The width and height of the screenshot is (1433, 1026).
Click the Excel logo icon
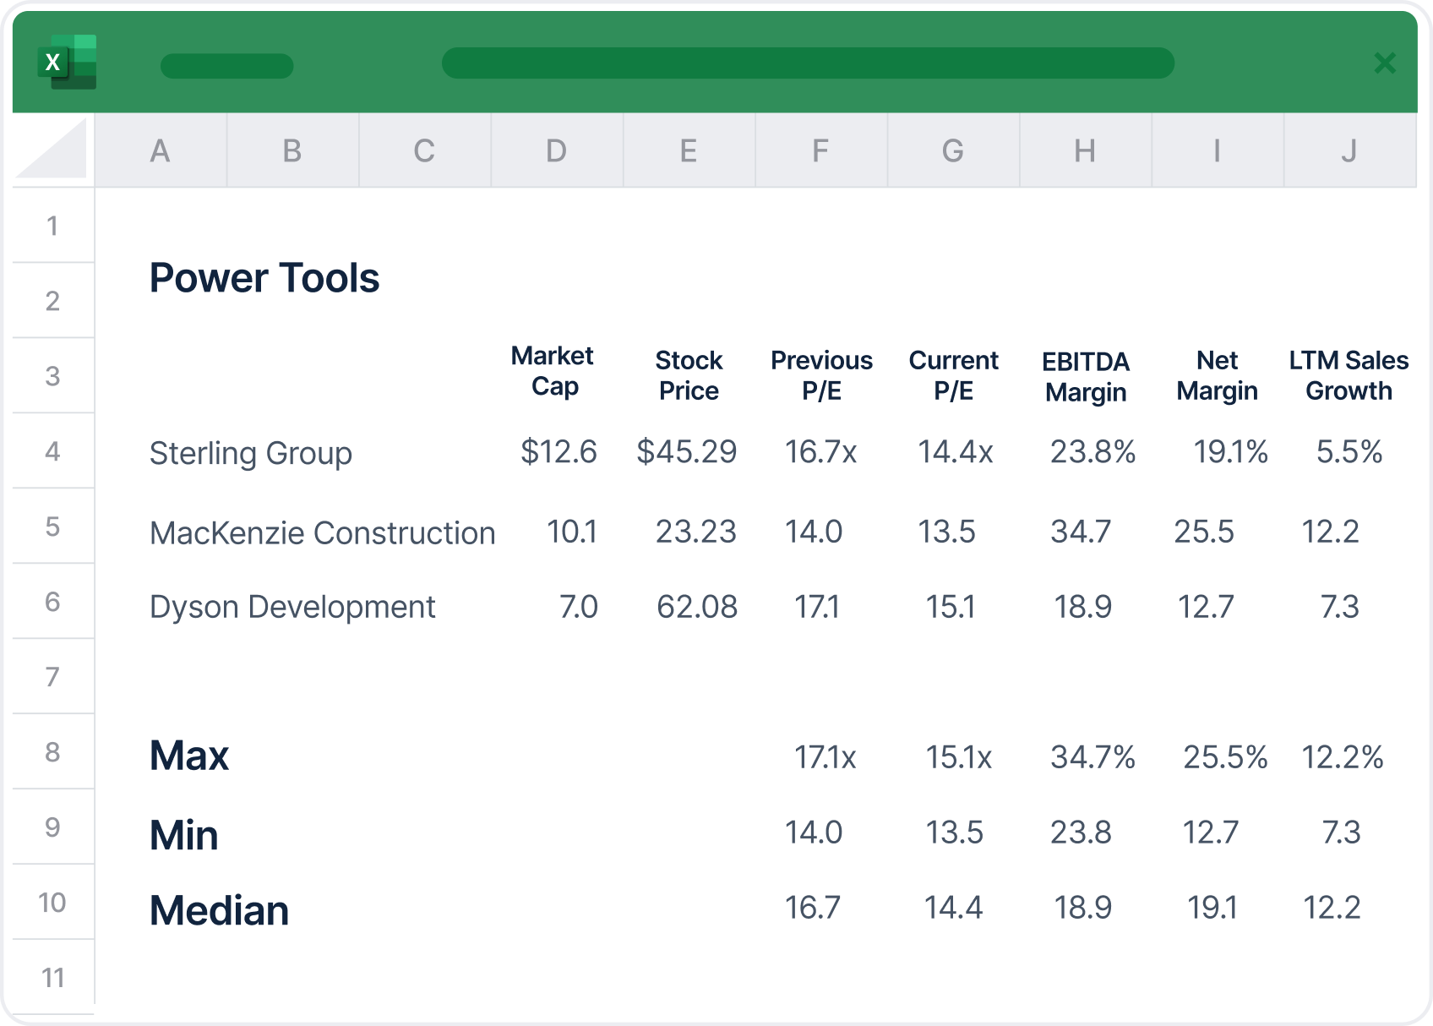[67, 63]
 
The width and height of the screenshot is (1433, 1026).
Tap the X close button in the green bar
[1384, 63]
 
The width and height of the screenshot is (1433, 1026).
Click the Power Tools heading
[264, 278]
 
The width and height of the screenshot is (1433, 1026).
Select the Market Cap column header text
[553, 371]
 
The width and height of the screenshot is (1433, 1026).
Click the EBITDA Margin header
[1085, 377]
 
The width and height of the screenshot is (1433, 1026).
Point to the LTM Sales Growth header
[1349, 375]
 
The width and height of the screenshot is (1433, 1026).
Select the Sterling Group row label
[250, 454]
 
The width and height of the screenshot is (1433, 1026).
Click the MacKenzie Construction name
[322, 533]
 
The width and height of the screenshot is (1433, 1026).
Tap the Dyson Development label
[292, 607]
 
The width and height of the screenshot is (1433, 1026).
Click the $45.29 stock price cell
[686, 452]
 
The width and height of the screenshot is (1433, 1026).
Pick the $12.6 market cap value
[558, 452]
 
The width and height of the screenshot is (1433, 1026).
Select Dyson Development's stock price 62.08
[696, 607]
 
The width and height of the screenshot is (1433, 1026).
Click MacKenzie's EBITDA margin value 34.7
[1080, 532]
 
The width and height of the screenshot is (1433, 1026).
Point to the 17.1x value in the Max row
[825, 757]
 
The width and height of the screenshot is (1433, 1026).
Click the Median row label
[219, 911]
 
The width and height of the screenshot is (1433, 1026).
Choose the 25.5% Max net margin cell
[1224, 757]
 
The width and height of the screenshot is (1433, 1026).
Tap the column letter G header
[952, 151]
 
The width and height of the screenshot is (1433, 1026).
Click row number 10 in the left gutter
[52, 903]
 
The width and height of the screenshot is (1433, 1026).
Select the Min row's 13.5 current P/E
[954, 832]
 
